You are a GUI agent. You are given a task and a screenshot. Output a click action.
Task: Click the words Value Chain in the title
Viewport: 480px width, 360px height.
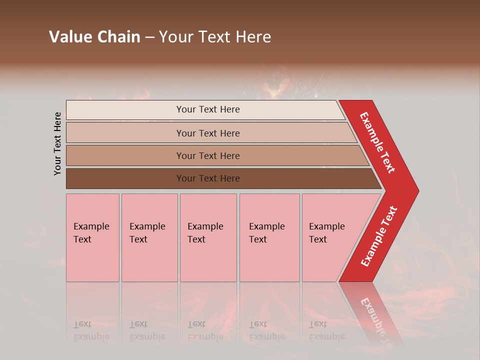pyautogui.click(x=94, y=37)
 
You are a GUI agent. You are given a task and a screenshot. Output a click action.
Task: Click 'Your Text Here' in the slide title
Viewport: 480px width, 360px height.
pyautogui.click(x=215, y=37)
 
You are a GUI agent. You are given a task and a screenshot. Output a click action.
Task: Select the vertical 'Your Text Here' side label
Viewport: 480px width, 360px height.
pyautogui.click(x=57, y=143)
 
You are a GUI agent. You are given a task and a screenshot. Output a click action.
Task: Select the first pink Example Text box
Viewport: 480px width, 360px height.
pyautogui.click(x=92, y=237)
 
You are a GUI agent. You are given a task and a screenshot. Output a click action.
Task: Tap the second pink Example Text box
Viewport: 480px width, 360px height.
pyautogui.click(x=149, y=237)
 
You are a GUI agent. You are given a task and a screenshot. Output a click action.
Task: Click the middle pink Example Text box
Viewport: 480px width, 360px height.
pyautogui.click(x=208, y=237)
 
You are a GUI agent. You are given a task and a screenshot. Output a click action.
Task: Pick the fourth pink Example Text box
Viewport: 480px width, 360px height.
pyautogui.click(x=269, y=237)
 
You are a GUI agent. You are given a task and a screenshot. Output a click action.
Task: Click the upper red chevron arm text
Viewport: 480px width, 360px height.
pyautogui.click(x=377, y=142)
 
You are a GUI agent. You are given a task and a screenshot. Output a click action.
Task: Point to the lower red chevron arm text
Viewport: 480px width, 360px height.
pyautogui.click(x=379, y=236)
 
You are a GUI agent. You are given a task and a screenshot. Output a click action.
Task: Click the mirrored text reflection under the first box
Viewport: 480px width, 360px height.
pyautogui.click(x=91, y=330)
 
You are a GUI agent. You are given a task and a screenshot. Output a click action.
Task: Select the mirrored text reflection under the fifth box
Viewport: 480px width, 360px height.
pyautogui.click(x=326, y=330)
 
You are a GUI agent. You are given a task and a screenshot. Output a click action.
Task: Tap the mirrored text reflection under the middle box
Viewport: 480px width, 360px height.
pyautogui.click(x=205, y=330)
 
